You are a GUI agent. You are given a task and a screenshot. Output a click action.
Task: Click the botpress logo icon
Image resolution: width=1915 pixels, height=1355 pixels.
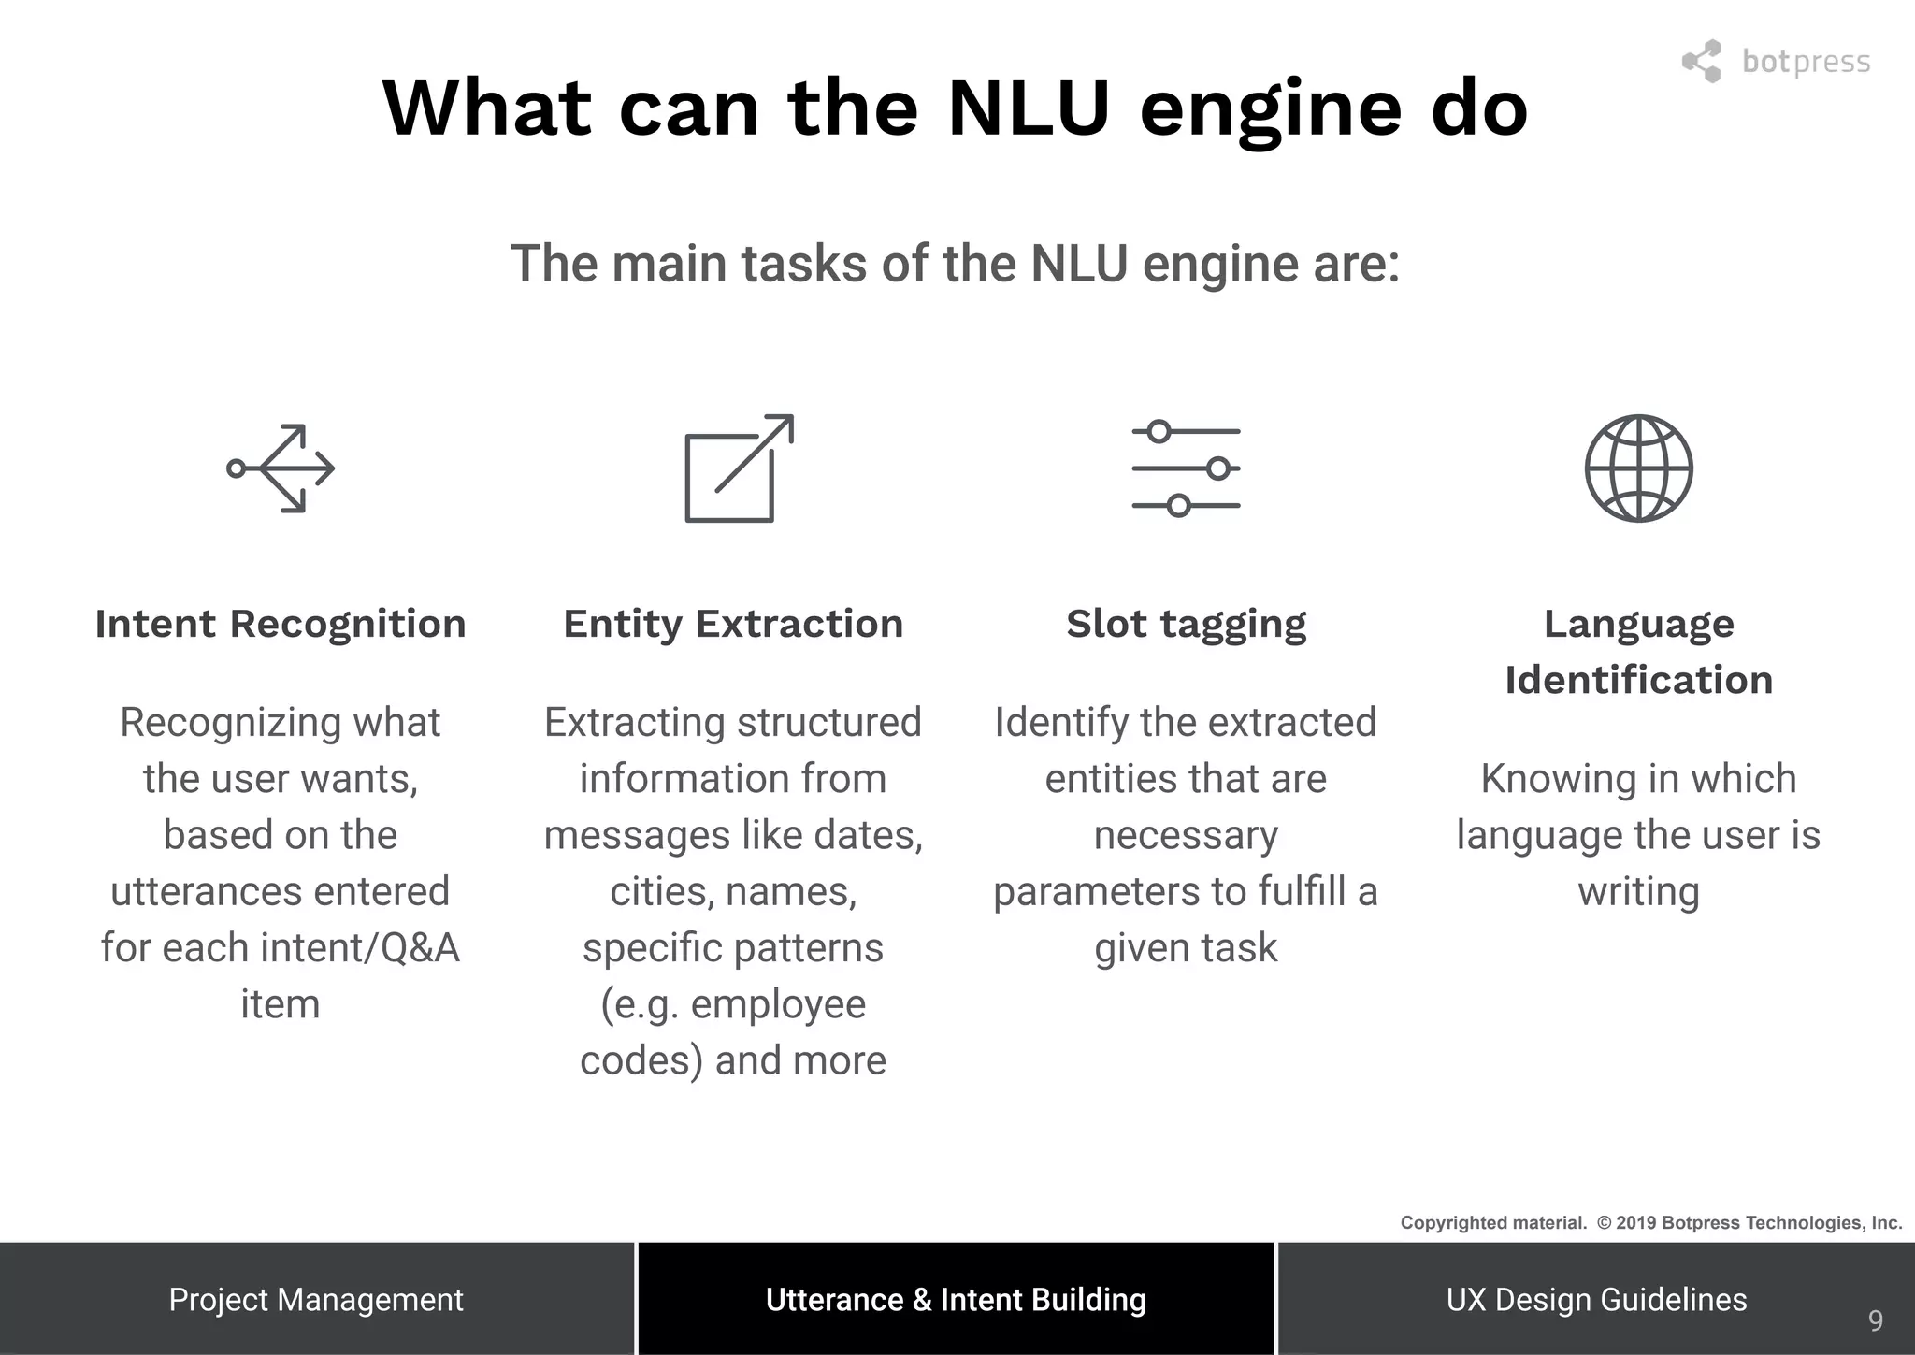coord(1702,62)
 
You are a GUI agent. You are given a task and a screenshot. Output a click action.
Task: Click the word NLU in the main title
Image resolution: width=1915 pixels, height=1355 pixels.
coord(1028,108)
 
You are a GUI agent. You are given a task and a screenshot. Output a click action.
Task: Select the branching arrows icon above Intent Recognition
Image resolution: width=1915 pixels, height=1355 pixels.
coord(281,468)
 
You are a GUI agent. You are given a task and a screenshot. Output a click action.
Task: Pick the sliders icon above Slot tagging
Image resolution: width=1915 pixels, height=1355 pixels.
coord(1186,468)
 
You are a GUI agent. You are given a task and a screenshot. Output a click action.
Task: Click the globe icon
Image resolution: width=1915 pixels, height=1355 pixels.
coord(1638,468)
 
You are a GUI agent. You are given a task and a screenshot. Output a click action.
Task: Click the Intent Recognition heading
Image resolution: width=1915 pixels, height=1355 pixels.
coord(281,624)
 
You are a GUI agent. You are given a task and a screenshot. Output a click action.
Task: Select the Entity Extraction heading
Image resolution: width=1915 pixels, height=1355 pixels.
coord(733,624)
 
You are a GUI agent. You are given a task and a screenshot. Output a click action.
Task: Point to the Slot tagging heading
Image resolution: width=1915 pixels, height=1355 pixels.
coord(1186,624)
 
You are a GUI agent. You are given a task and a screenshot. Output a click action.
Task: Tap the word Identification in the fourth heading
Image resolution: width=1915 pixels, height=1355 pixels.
coord(1638,680)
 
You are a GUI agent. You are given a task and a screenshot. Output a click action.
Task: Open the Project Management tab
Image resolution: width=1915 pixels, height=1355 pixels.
coord(316,1300)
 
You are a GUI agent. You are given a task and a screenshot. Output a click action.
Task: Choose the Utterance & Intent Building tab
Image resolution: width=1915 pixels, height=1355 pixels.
coord(956,1300)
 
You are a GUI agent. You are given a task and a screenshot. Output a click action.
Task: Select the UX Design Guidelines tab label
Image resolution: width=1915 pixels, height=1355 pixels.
coord(1596,1300)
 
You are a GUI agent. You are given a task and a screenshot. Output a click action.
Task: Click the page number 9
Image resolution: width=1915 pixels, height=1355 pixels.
coord(1876,1320)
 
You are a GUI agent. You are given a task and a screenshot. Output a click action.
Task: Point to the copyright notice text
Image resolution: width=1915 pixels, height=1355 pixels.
coord(1650,1223)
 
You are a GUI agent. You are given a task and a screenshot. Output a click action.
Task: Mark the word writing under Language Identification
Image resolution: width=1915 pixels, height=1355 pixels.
coord(1638,892)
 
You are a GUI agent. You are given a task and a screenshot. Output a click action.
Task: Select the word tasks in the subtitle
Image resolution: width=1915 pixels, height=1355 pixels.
coord(804,264)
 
